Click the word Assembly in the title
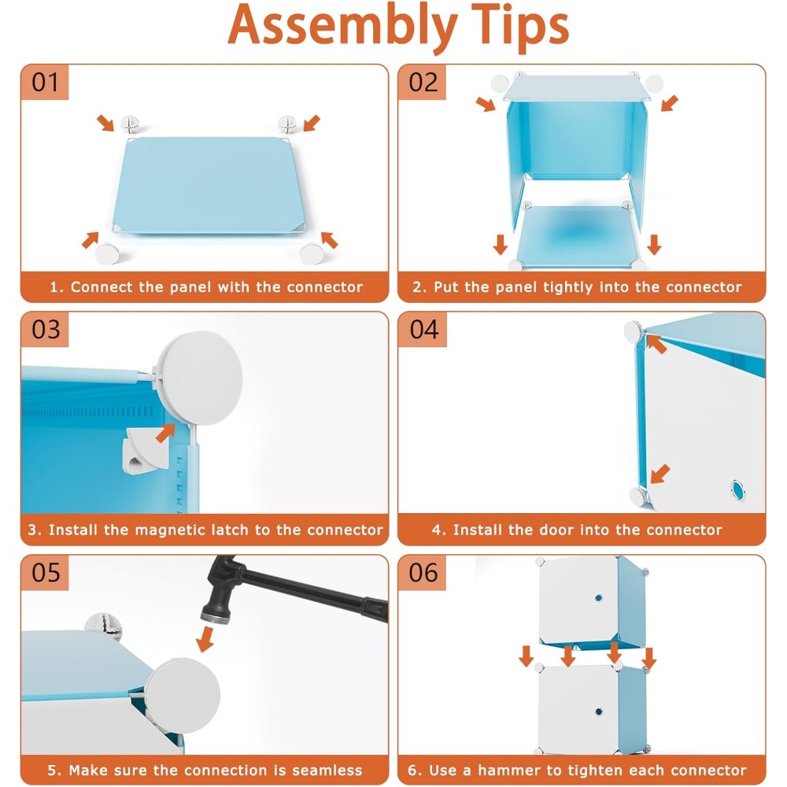click(343, 26)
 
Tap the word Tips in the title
click(520, 26)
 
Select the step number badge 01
click(45, 83)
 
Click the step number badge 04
click(423, 329)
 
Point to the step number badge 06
click(423, 573)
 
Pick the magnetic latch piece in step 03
click(146, 449)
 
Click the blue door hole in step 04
click(738, 490)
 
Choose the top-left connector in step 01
click(130, 123)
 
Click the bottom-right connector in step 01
click(312, 253)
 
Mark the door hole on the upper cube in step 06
click(598, 598)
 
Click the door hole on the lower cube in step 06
click(598, 711)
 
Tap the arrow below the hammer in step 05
click(205, 639)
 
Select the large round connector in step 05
click(183, 695)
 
